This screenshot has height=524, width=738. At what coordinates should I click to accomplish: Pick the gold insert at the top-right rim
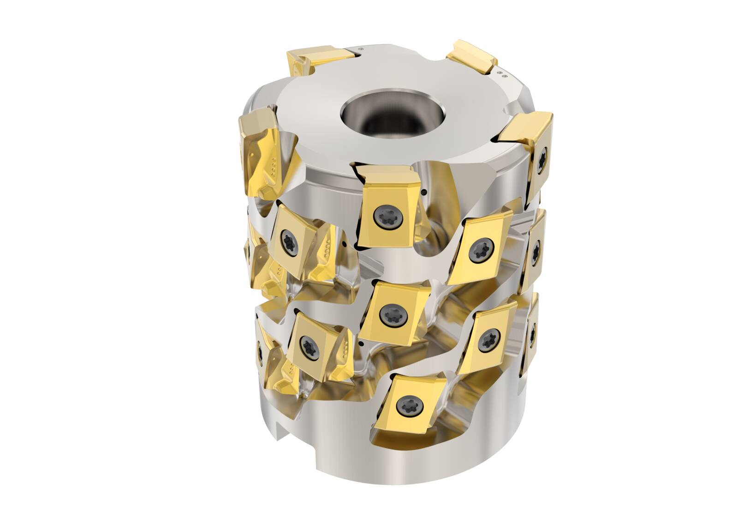tap(473, 58)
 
